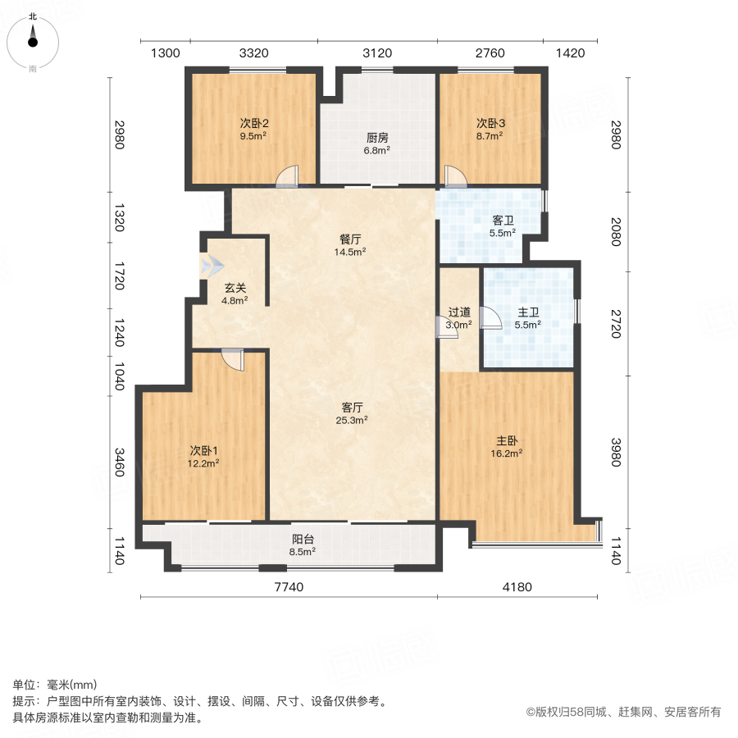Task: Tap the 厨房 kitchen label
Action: coord(377,139)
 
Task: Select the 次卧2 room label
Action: coord(254,123)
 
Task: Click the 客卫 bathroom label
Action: coord(503,221)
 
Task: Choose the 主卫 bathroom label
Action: coord(528,312)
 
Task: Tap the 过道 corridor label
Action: coord(459,312)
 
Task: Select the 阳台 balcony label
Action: coord(303,540)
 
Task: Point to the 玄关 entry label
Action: coord(235,289)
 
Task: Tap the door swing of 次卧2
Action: coord(286,178)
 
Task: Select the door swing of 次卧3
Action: coord(454,177)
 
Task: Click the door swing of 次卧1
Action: coord(232,359)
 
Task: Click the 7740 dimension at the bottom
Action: coord(288,586)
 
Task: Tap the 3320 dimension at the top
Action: coord(254,53)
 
